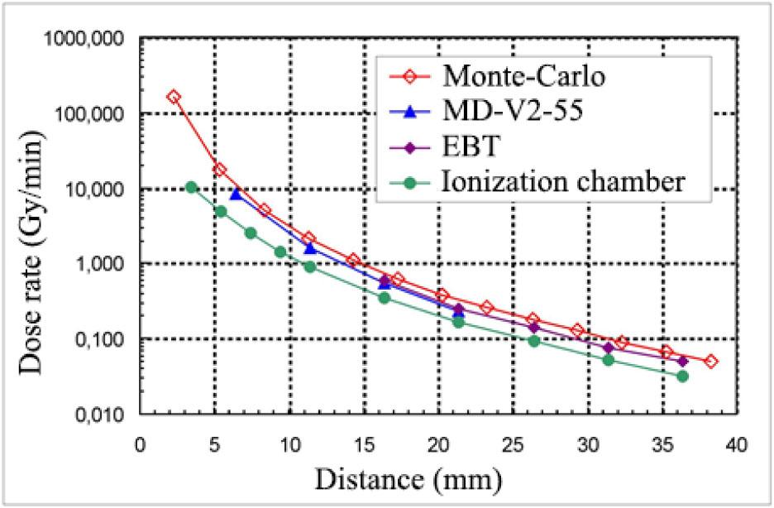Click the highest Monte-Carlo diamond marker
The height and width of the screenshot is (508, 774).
(173, 97)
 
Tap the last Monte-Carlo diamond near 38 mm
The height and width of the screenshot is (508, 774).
(711, 362)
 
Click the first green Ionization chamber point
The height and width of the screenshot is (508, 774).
(191, 187)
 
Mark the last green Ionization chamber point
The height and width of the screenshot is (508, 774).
(682, 376)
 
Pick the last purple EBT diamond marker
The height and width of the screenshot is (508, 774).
(682, 362)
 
